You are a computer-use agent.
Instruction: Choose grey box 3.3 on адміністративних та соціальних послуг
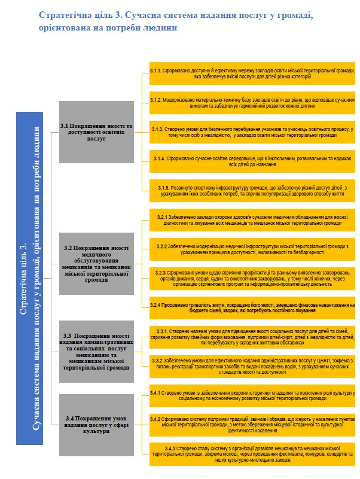(x=96, y=350)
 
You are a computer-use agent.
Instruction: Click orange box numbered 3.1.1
(x=252, y=73)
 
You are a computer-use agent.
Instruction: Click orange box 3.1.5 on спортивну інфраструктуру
(x=252, y=188)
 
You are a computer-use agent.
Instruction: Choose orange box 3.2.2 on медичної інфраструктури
(x=252, y=248)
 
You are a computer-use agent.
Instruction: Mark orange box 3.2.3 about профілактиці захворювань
(x=252, y=276)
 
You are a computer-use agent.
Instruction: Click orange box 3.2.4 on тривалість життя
(x=252, y=306)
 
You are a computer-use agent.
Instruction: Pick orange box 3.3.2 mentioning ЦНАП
(x=252, y=365)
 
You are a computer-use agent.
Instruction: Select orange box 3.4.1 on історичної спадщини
(x=252, y=395)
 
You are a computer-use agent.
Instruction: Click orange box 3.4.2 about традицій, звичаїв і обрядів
(x=252, y=423)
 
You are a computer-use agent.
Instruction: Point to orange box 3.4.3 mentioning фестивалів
(x=252, y=452)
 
